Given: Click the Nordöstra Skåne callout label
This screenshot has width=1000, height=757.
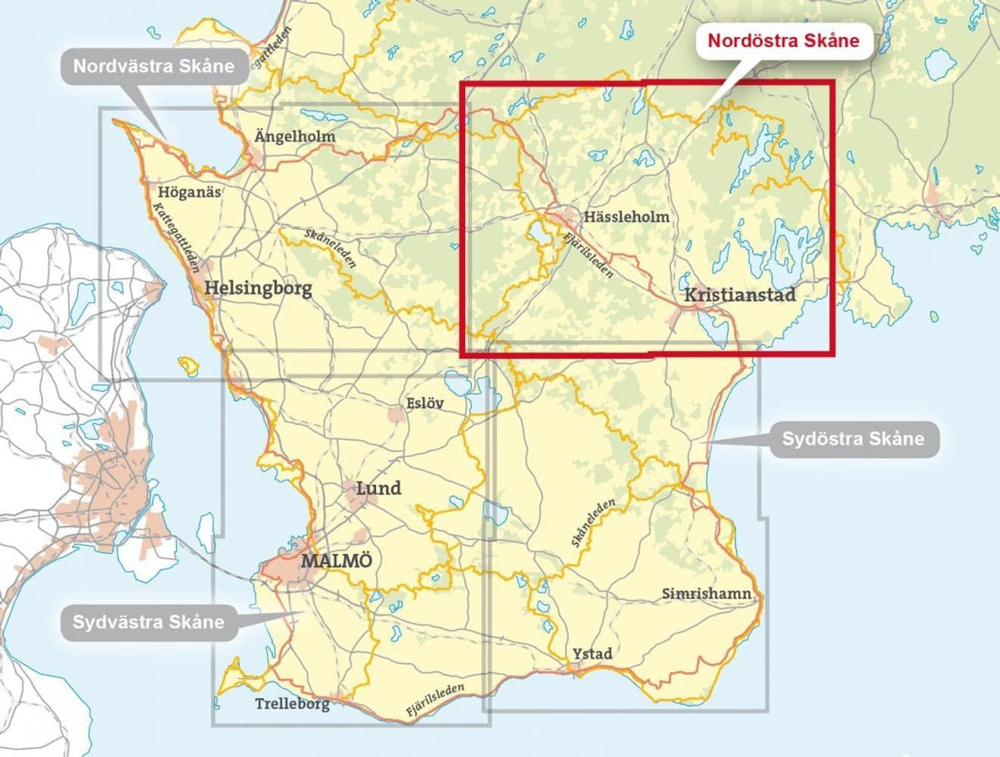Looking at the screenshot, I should (783, 40).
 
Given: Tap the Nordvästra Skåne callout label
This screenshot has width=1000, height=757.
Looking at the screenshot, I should (154, 66).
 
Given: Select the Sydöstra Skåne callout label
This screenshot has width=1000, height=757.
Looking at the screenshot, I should (852, 439).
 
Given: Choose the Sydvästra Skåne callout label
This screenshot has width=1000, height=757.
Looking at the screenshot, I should (148, 622).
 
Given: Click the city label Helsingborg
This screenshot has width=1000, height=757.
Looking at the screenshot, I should (258, 288).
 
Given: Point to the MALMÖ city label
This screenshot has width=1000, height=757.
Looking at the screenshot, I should (337, 562).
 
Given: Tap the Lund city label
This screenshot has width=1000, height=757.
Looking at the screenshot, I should (378, 488).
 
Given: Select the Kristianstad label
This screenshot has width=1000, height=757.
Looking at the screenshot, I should (740, 294).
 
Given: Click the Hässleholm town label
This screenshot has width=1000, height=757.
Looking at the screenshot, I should (626, 217).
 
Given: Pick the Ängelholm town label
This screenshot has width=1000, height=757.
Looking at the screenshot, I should (294, 137).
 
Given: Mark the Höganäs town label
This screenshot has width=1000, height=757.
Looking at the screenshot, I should (189, 192).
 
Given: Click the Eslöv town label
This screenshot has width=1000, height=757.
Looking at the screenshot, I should (425, 403).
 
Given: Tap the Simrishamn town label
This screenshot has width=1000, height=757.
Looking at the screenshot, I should (707, 593).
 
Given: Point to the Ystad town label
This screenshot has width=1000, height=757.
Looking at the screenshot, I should (592, 653).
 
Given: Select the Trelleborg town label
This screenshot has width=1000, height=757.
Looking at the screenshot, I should (292, 704).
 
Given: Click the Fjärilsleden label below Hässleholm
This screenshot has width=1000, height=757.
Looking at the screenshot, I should (589, 255).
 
